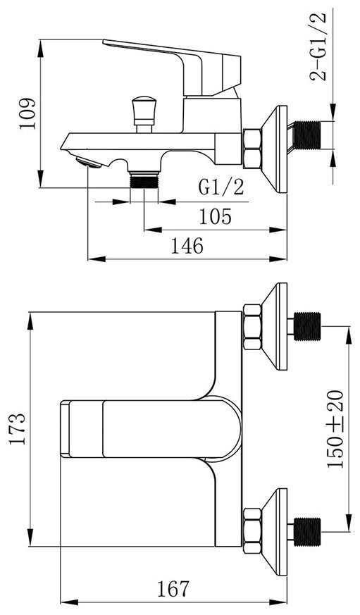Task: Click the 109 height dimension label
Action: tap(28, 113)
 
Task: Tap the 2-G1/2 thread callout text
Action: tap(318, 46)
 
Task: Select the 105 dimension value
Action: tap(216, 216)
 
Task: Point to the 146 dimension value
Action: tap(187, 246)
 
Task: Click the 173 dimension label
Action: tap(18, 429)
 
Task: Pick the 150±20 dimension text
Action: tap(335, 429)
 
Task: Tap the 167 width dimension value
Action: tap(173, 589)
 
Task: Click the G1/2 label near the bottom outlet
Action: tap(221, 187)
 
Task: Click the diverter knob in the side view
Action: tap(144, 113)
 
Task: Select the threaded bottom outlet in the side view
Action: tap(144, 180)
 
